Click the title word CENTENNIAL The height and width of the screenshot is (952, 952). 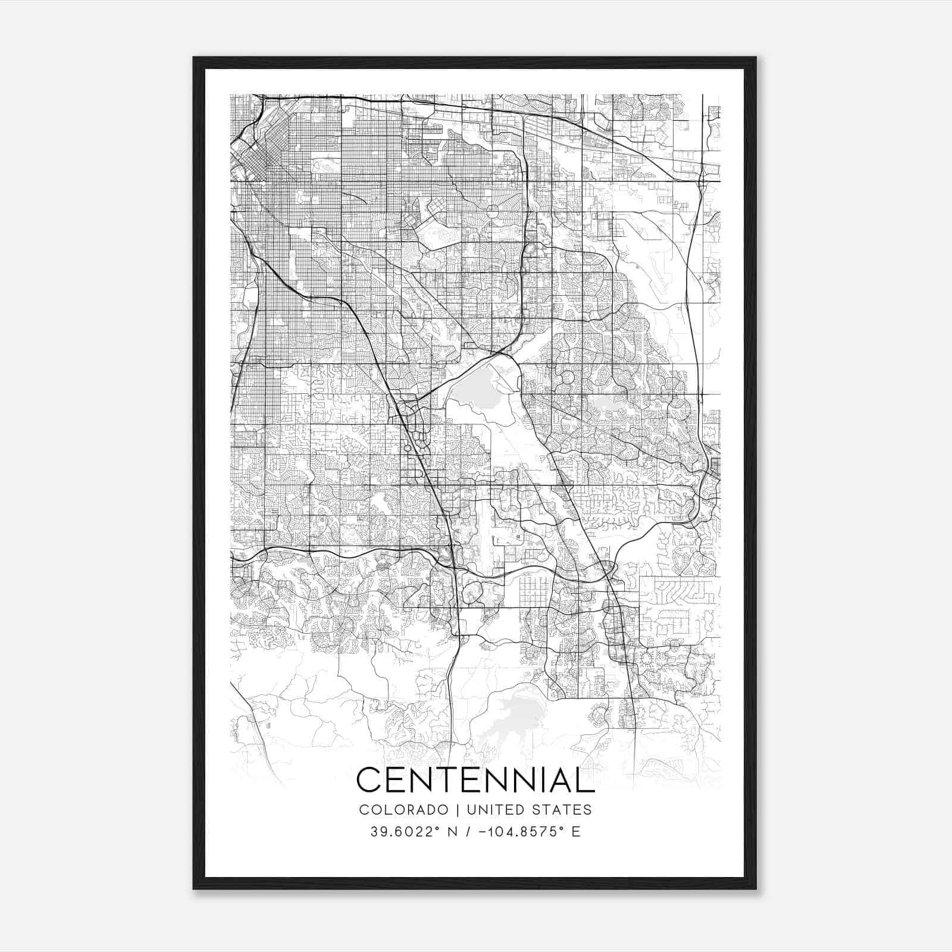pyautogui.click(x=475, y=780)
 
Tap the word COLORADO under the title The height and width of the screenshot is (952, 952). pyautogui.click(x=395, y=810)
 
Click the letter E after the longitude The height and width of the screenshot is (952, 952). pyautogui.click(x=575, y=832)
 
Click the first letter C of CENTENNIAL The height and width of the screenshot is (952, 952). pyautogui.click(x=368, y=780)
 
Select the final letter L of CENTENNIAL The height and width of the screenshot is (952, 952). pyautogui.click(x=585, y=780)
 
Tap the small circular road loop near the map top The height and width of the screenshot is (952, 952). pyautogui.click(x=493, y=210)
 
